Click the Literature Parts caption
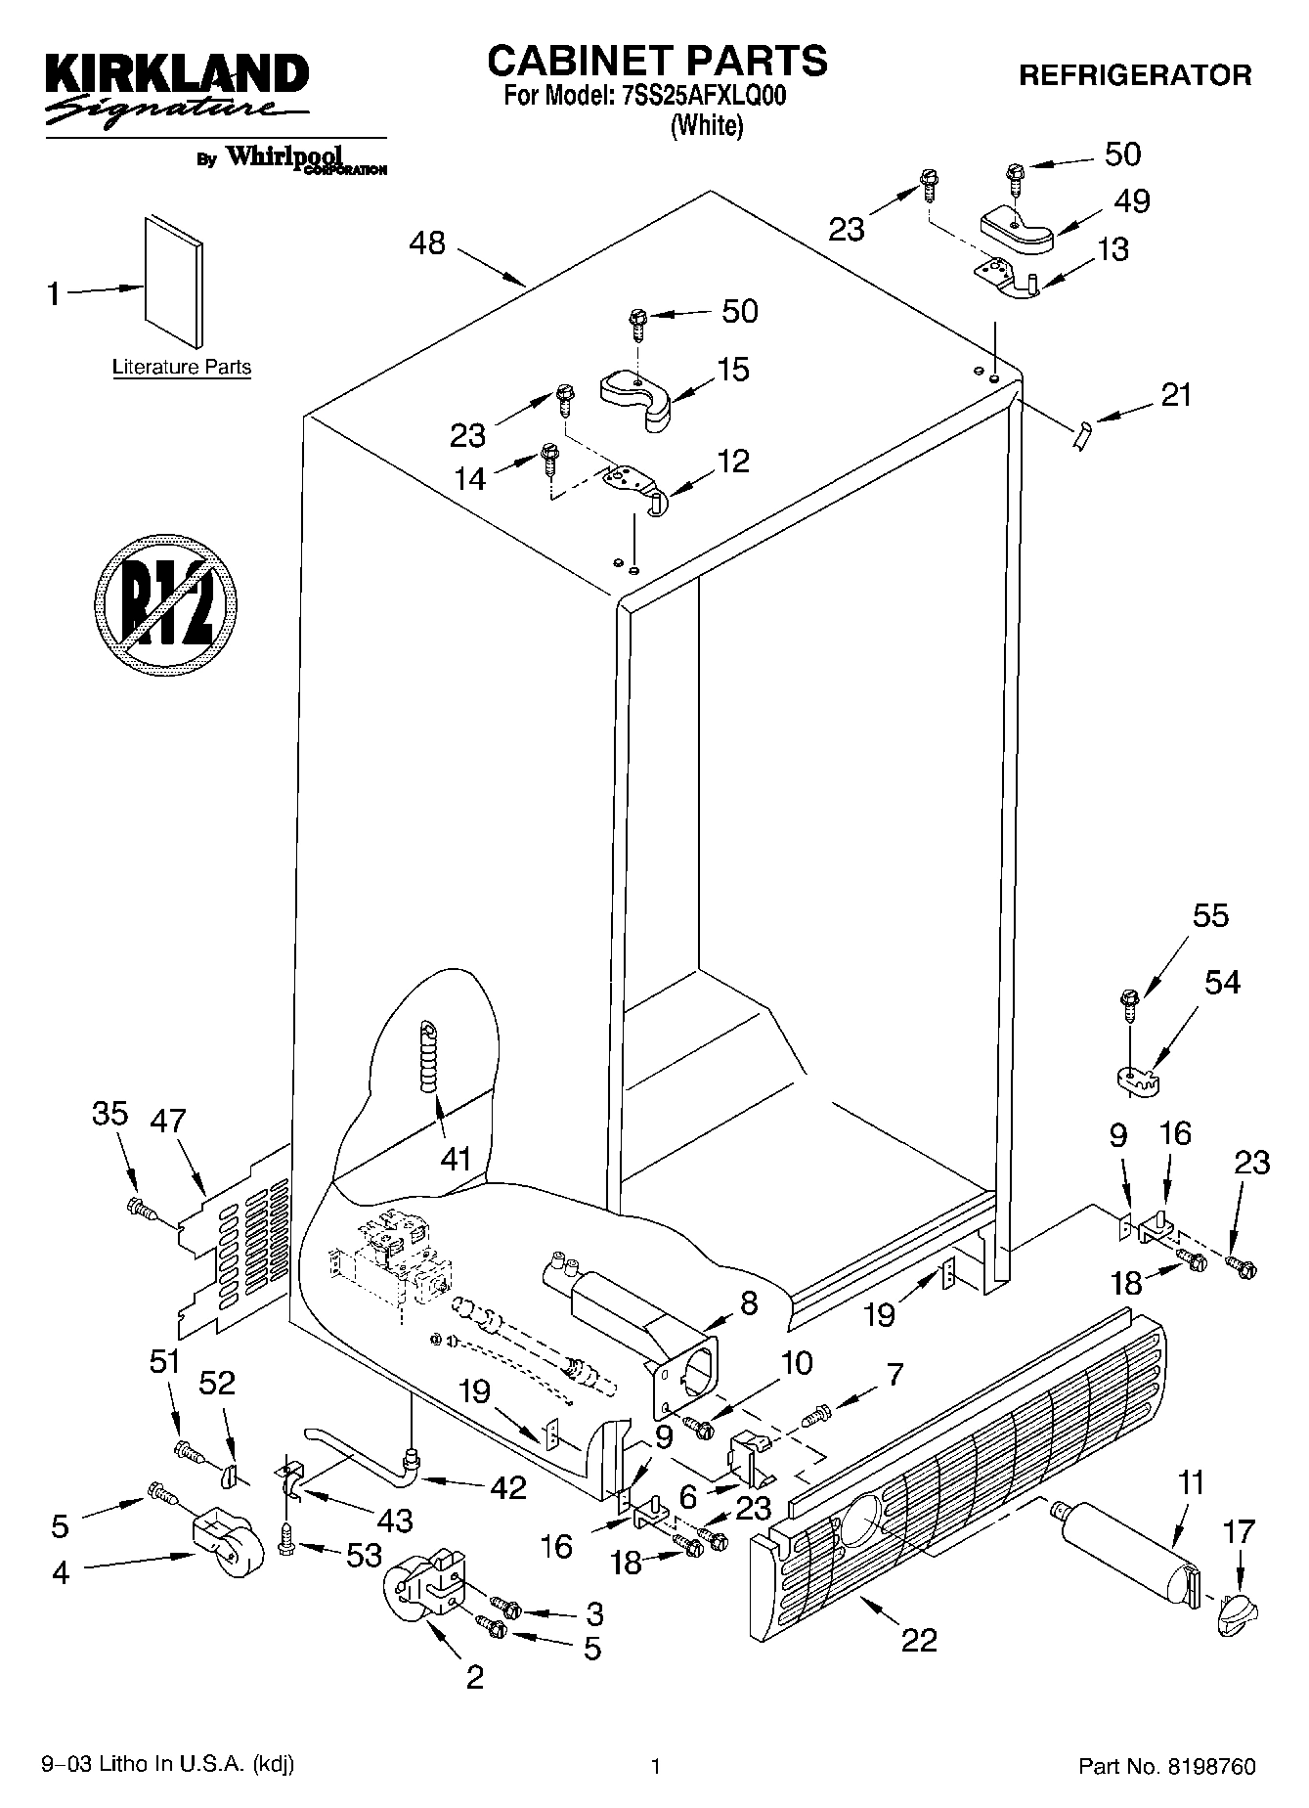click(x=181, y=368)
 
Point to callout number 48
click(x=426, y=243)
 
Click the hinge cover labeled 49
click(x=1017, y=227)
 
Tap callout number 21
click(x=1176, y=395)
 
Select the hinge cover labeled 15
click(x=636, y=395)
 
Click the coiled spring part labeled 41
click(x=429, y=1057)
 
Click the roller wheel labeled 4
click(x=232, y=1544)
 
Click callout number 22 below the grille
click(x=919, y=1639)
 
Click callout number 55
click(x=1210, y=916)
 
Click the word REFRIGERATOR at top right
click(x=1135, y=75)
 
